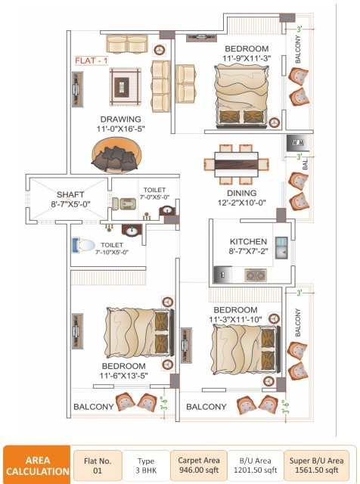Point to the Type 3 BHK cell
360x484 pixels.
(x=147, y=464)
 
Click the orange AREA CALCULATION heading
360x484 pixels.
(x=38, y=464)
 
